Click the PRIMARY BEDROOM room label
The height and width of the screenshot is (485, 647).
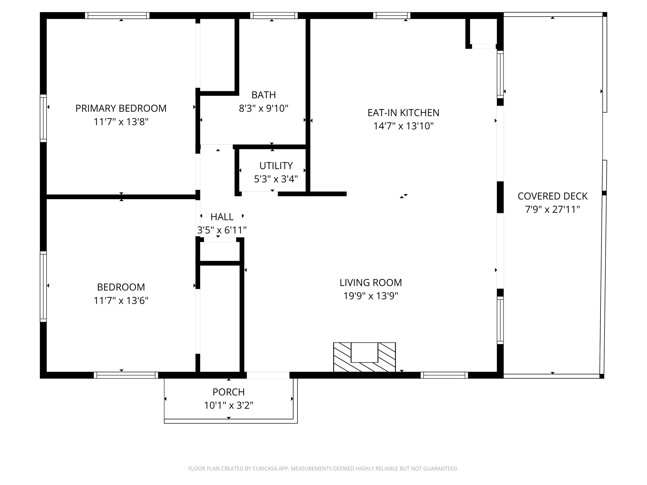coord(121,108)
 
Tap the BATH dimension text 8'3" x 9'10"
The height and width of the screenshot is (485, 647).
coord(263,108)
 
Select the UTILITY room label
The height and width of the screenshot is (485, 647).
coord(276,166)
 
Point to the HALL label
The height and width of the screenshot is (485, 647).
coord(222,217)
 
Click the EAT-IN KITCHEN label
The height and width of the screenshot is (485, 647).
coord(403,113)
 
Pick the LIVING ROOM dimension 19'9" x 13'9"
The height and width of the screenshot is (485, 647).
coord(371,296)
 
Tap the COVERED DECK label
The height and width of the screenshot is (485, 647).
coord(553,196)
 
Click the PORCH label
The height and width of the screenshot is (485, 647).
coord(229,392)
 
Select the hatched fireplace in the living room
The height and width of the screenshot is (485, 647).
coord(364,357)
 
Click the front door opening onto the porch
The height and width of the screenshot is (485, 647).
coord(268,375)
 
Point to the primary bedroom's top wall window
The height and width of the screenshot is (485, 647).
coord(117,16)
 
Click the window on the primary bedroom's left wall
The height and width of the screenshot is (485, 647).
coord(43,118)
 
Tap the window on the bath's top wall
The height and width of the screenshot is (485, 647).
coord(274,16)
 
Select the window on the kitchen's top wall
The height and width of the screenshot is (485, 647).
coord(392,16)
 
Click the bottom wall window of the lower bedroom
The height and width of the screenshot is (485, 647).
coord(126,375)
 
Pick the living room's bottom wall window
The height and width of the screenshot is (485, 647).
coord(444,375)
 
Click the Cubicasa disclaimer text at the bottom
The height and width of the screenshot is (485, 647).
coord(323,469)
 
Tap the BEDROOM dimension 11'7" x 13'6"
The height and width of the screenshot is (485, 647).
coord(121,301)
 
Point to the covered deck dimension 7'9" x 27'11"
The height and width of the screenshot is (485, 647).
coord(553,210)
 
